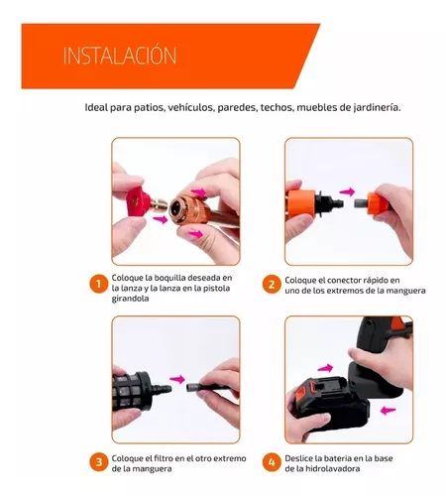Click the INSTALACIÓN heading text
(x=120, y=56)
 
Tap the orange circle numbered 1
(x=98, y=284)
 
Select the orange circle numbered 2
(x=272, y=284)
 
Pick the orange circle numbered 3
(x=98, y=462)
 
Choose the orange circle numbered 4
(x=272, y=462)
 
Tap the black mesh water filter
(x=133, y=391)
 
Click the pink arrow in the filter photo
(x=176, y=379)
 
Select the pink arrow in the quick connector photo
(x=347, y=191)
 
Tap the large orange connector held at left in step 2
(x=301, y=203)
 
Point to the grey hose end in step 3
(x=191, y=387)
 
